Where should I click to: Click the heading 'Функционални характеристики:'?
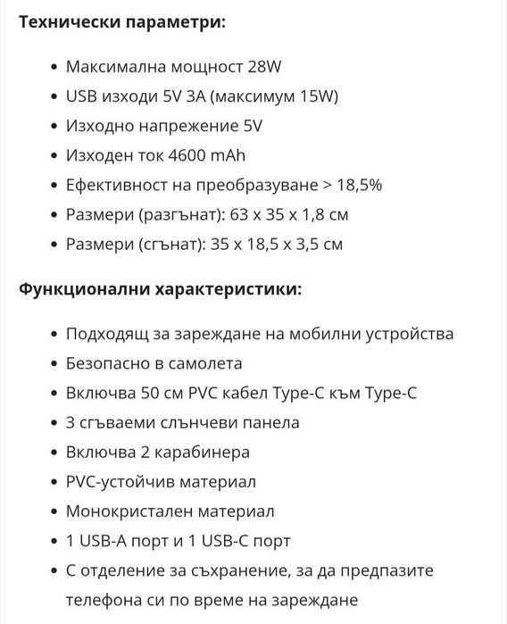(160, 289)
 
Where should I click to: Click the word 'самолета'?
(209, 363)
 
